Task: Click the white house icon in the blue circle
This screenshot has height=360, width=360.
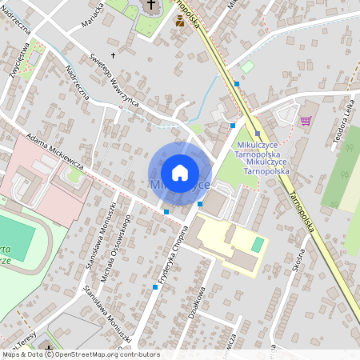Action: [180, 173]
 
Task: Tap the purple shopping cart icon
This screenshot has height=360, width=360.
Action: [305, 121]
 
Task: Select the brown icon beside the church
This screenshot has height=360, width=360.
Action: [179, 22]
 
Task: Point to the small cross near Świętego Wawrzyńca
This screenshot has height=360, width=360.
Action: [114, 55]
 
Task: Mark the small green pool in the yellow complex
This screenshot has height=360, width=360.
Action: [256, 244]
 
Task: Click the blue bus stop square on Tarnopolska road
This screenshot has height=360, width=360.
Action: [237, 83]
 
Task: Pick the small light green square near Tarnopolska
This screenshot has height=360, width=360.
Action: [247, 66]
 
